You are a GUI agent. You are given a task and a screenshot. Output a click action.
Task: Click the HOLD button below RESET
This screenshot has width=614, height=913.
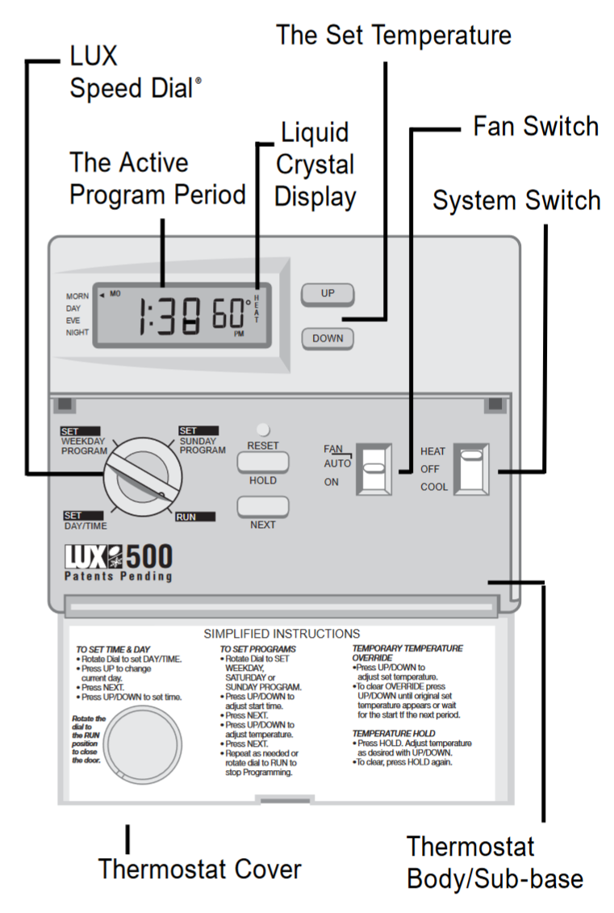263,462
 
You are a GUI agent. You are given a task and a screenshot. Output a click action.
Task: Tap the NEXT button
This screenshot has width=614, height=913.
263,506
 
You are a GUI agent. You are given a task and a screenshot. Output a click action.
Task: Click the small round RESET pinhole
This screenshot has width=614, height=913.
263,430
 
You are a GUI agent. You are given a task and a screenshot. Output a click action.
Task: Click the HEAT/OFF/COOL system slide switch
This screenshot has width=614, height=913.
471,467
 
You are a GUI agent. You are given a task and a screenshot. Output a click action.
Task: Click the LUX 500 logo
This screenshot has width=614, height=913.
118,562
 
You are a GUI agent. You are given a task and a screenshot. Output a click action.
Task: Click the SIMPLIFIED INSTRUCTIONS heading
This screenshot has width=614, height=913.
282,634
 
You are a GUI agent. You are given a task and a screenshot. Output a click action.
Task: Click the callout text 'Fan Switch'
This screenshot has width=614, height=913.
536,127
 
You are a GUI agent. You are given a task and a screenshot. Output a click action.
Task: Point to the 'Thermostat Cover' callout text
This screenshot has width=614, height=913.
199,869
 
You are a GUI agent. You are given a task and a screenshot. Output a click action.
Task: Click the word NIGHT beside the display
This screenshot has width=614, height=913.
77,332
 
